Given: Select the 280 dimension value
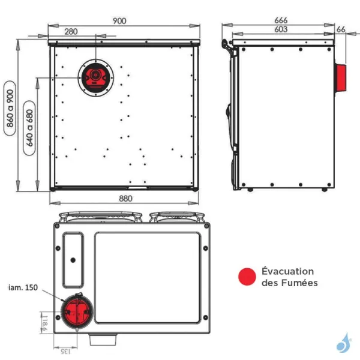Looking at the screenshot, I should (71, 31).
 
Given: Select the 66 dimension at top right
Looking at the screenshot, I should (341, 29).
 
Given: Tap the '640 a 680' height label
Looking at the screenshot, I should (29, 133).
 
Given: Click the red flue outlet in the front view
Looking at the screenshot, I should (93, 76).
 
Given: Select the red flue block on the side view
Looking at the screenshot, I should (341, 77).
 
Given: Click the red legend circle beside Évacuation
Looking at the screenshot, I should (247, 277).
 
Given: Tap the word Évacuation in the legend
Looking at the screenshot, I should (287, 271).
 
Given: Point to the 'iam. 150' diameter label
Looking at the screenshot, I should (23, 289).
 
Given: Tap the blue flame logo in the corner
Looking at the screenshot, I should (344, 343).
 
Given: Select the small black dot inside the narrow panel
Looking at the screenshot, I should (73, 260).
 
